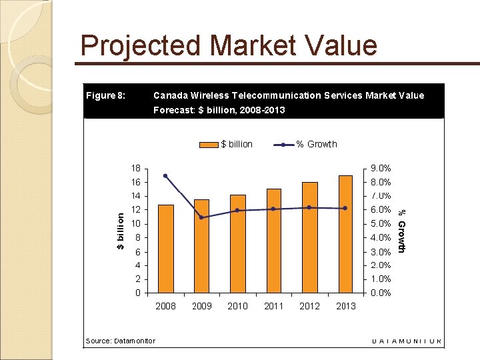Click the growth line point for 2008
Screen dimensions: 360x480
[x=165, y=176]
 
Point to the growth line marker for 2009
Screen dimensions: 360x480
[x=201, y=217]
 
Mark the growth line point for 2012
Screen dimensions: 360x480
[x=309, y=207]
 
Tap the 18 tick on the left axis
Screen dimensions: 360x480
[x=135, y=168]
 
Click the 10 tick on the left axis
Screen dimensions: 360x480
[x=135, y=223]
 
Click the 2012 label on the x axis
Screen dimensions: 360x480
[x=309, y=306]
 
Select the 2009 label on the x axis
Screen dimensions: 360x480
[x=201, y=306]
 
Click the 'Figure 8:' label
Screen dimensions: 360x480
[x=105, y=95]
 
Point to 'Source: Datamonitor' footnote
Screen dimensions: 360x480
[x=121, y=341]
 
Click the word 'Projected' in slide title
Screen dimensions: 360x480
[x=141, y=46]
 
